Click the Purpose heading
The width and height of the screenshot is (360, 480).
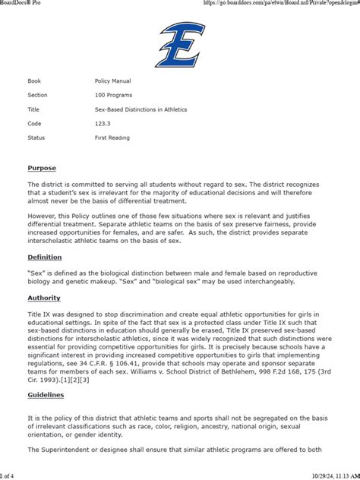tap(42, 168)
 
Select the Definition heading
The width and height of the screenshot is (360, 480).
tap(45, 257)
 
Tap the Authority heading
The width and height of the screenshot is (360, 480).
tap(44, 298)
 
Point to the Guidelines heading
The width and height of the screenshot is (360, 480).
tap(46, 395)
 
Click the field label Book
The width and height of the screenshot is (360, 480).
tap(34, 81)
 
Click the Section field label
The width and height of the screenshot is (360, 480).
tap(37, 95)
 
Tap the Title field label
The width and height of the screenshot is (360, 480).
tap(34, 109)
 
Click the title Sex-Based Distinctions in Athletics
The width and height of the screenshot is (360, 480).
tap(135, 109)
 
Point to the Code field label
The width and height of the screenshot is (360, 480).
tap(34, 123)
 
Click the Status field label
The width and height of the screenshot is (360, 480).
tap(36, 137)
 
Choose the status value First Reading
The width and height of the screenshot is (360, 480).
tap(107, 137)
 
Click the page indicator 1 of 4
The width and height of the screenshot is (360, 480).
tap(8, 475)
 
